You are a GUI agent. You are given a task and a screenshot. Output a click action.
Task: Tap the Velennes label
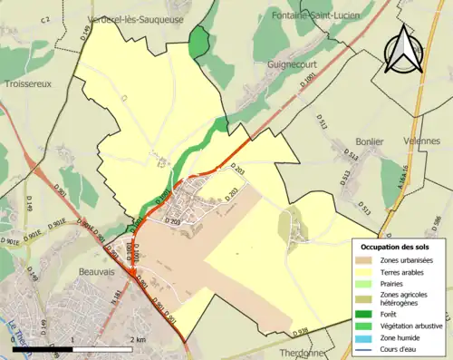click(x=422, y=141)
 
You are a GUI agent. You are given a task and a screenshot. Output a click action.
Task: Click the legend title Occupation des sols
click(x=396, y=247)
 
